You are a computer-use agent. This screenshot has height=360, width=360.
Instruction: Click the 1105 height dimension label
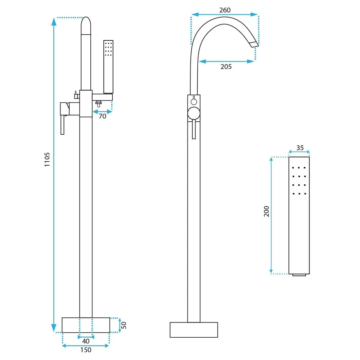click(47, 159)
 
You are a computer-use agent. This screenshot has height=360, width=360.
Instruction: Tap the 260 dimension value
click(225, 10)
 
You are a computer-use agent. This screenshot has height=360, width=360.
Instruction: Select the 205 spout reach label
click(226, 67)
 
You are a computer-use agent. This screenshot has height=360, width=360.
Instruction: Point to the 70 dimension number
click(102, 116)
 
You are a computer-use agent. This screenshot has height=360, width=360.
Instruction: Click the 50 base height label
click(123, 325)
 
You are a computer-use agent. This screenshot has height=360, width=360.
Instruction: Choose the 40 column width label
click(86, 341)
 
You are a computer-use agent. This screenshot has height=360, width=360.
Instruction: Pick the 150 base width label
click(86, 350)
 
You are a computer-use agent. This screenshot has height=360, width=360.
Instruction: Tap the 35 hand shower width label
click(300, 148)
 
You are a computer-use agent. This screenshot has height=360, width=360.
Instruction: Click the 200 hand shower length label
click(266, 211)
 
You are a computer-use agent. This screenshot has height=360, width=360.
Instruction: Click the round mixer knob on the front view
click(194, 113)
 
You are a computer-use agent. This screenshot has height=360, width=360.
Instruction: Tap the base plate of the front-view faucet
click(194, 330)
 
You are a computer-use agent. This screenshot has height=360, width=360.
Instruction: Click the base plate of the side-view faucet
click(86, 325)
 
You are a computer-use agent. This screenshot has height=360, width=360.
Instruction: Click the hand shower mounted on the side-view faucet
click(108, 67)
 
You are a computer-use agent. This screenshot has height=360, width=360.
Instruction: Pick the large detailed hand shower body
click(299, 215)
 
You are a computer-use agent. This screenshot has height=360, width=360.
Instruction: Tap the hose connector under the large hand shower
click(299, 275)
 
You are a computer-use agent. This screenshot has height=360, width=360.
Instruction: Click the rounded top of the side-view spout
click(86, 25)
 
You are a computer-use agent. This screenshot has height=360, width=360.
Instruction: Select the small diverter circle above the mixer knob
click(194, 102)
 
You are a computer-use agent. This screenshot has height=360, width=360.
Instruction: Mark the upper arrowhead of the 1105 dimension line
click(54, 22)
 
